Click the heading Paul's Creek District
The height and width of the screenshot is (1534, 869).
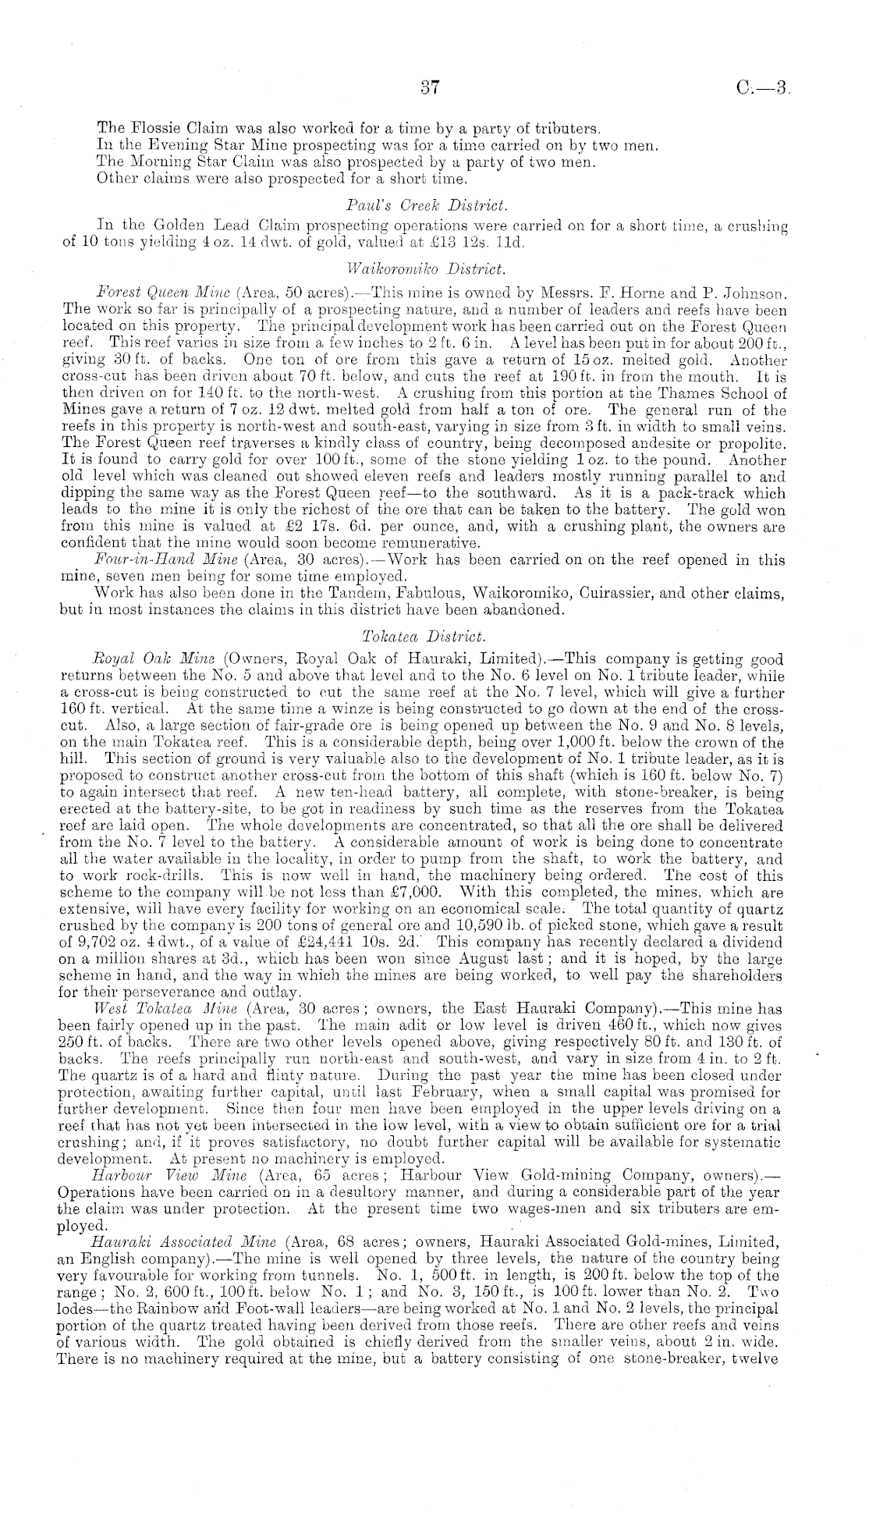click(x=426, y=205)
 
